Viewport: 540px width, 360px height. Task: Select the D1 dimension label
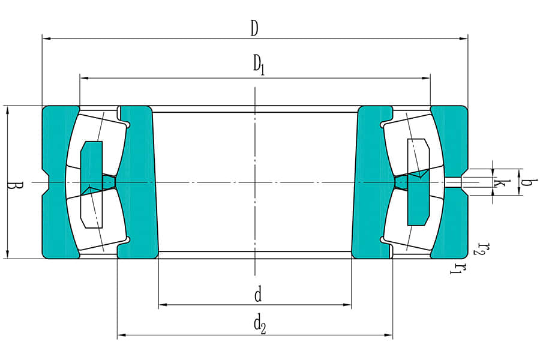258,65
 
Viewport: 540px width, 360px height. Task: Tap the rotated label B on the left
11,182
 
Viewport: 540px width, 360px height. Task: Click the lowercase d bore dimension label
257,295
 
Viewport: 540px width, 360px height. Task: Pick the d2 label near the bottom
259,325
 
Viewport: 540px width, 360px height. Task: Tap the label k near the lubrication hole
498,182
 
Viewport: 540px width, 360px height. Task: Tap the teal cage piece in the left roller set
91,180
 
